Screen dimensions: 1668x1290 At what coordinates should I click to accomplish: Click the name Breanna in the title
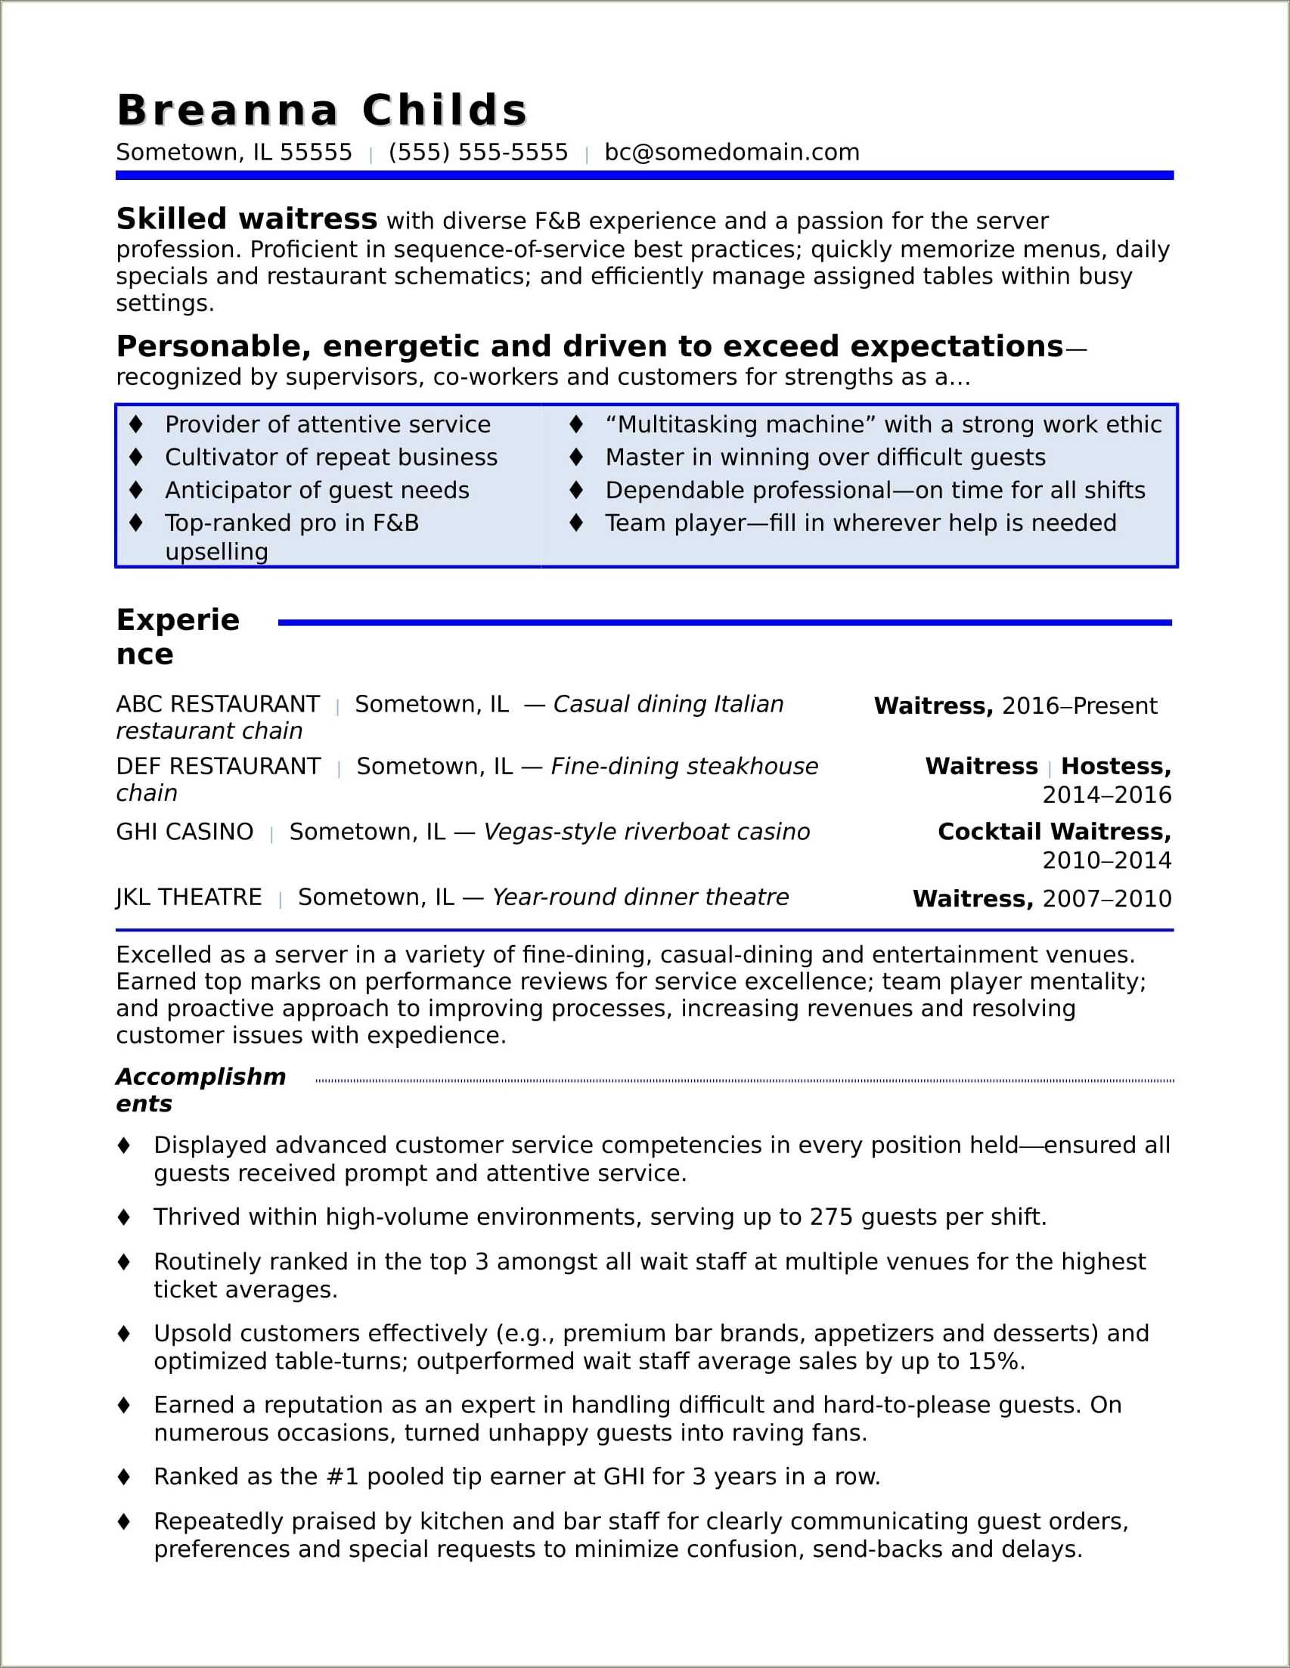227,110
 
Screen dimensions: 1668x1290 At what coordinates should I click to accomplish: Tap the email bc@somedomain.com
731,153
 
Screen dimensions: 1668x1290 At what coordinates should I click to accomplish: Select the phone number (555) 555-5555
478,153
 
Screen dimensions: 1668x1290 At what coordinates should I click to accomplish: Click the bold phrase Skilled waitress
246,219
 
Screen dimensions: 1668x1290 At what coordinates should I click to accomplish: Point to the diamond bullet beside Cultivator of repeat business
137,457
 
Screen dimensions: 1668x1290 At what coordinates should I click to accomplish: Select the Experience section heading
177,636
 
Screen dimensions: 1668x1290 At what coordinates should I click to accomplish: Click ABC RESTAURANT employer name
218,703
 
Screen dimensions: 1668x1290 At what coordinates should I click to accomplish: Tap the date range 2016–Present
1079,705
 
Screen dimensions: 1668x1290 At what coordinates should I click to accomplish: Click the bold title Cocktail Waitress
1053,832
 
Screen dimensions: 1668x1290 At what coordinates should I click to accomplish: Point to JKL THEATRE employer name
188,897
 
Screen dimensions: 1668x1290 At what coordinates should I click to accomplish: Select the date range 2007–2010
1107,899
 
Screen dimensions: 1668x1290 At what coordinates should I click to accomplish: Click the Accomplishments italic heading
200,1090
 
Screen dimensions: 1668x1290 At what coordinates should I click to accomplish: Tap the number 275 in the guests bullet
831,1217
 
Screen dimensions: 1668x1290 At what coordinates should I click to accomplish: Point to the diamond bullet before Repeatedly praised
124,1521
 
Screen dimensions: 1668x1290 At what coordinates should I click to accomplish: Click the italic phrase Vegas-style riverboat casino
647,832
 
